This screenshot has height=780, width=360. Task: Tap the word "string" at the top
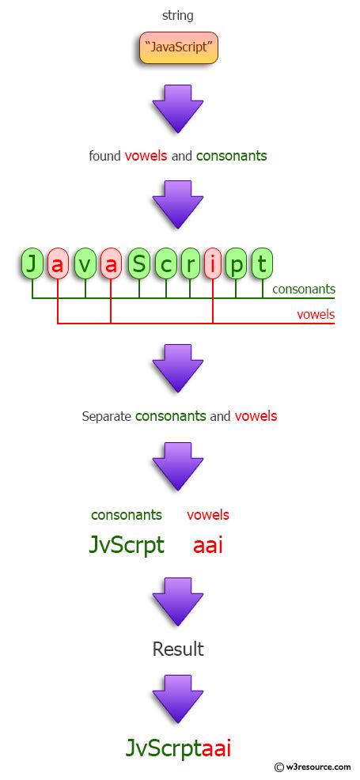click(178, 15)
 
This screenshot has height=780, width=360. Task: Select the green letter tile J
click(32, 264)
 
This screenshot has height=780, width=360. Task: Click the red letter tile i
click(213, 264)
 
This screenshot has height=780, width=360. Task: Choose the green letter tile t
click(263, 264)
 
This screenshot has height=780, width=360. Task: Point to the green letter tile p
click(237, 264)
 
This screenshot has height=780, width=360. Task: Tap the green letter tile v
click(85, 264)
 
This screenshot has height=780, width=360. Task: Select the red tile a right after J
click(57, 264)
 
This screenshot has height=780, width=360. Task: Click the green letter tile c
click(165, 264)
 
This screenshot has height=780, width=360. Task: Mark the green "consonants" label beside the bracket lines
click(303, 290)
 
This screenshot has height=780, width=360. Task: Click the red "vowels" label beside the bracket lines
click(316, 314)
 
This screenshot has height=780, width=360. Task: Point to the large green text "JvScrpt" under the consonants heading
click(127, 545)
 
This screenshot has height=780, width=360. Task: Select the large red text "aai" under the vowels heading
click(208, 545)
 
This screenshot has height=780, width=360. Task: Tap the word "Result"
click(178, 649)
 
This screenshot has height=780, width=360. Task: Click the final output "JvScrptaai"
click(178, 748)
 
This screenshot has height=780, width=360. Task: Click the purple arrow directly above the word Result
click(178, 600)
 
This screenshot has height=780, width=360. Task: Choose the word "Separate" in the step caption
click(107, 416)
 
